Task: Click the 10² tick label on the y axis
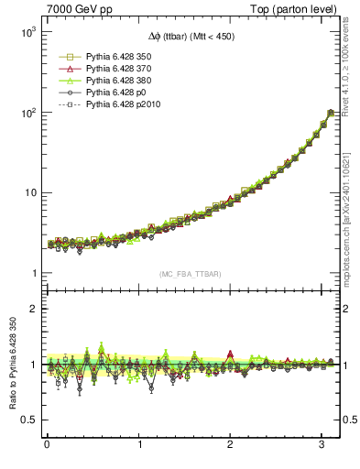[x=27, y=113]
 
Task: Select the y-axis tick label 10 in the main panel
[x=29, y=193]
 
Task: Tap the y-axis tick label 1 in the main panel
[x=33, y=274]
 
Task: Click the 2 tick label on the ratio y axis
[x=33, y=309]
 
